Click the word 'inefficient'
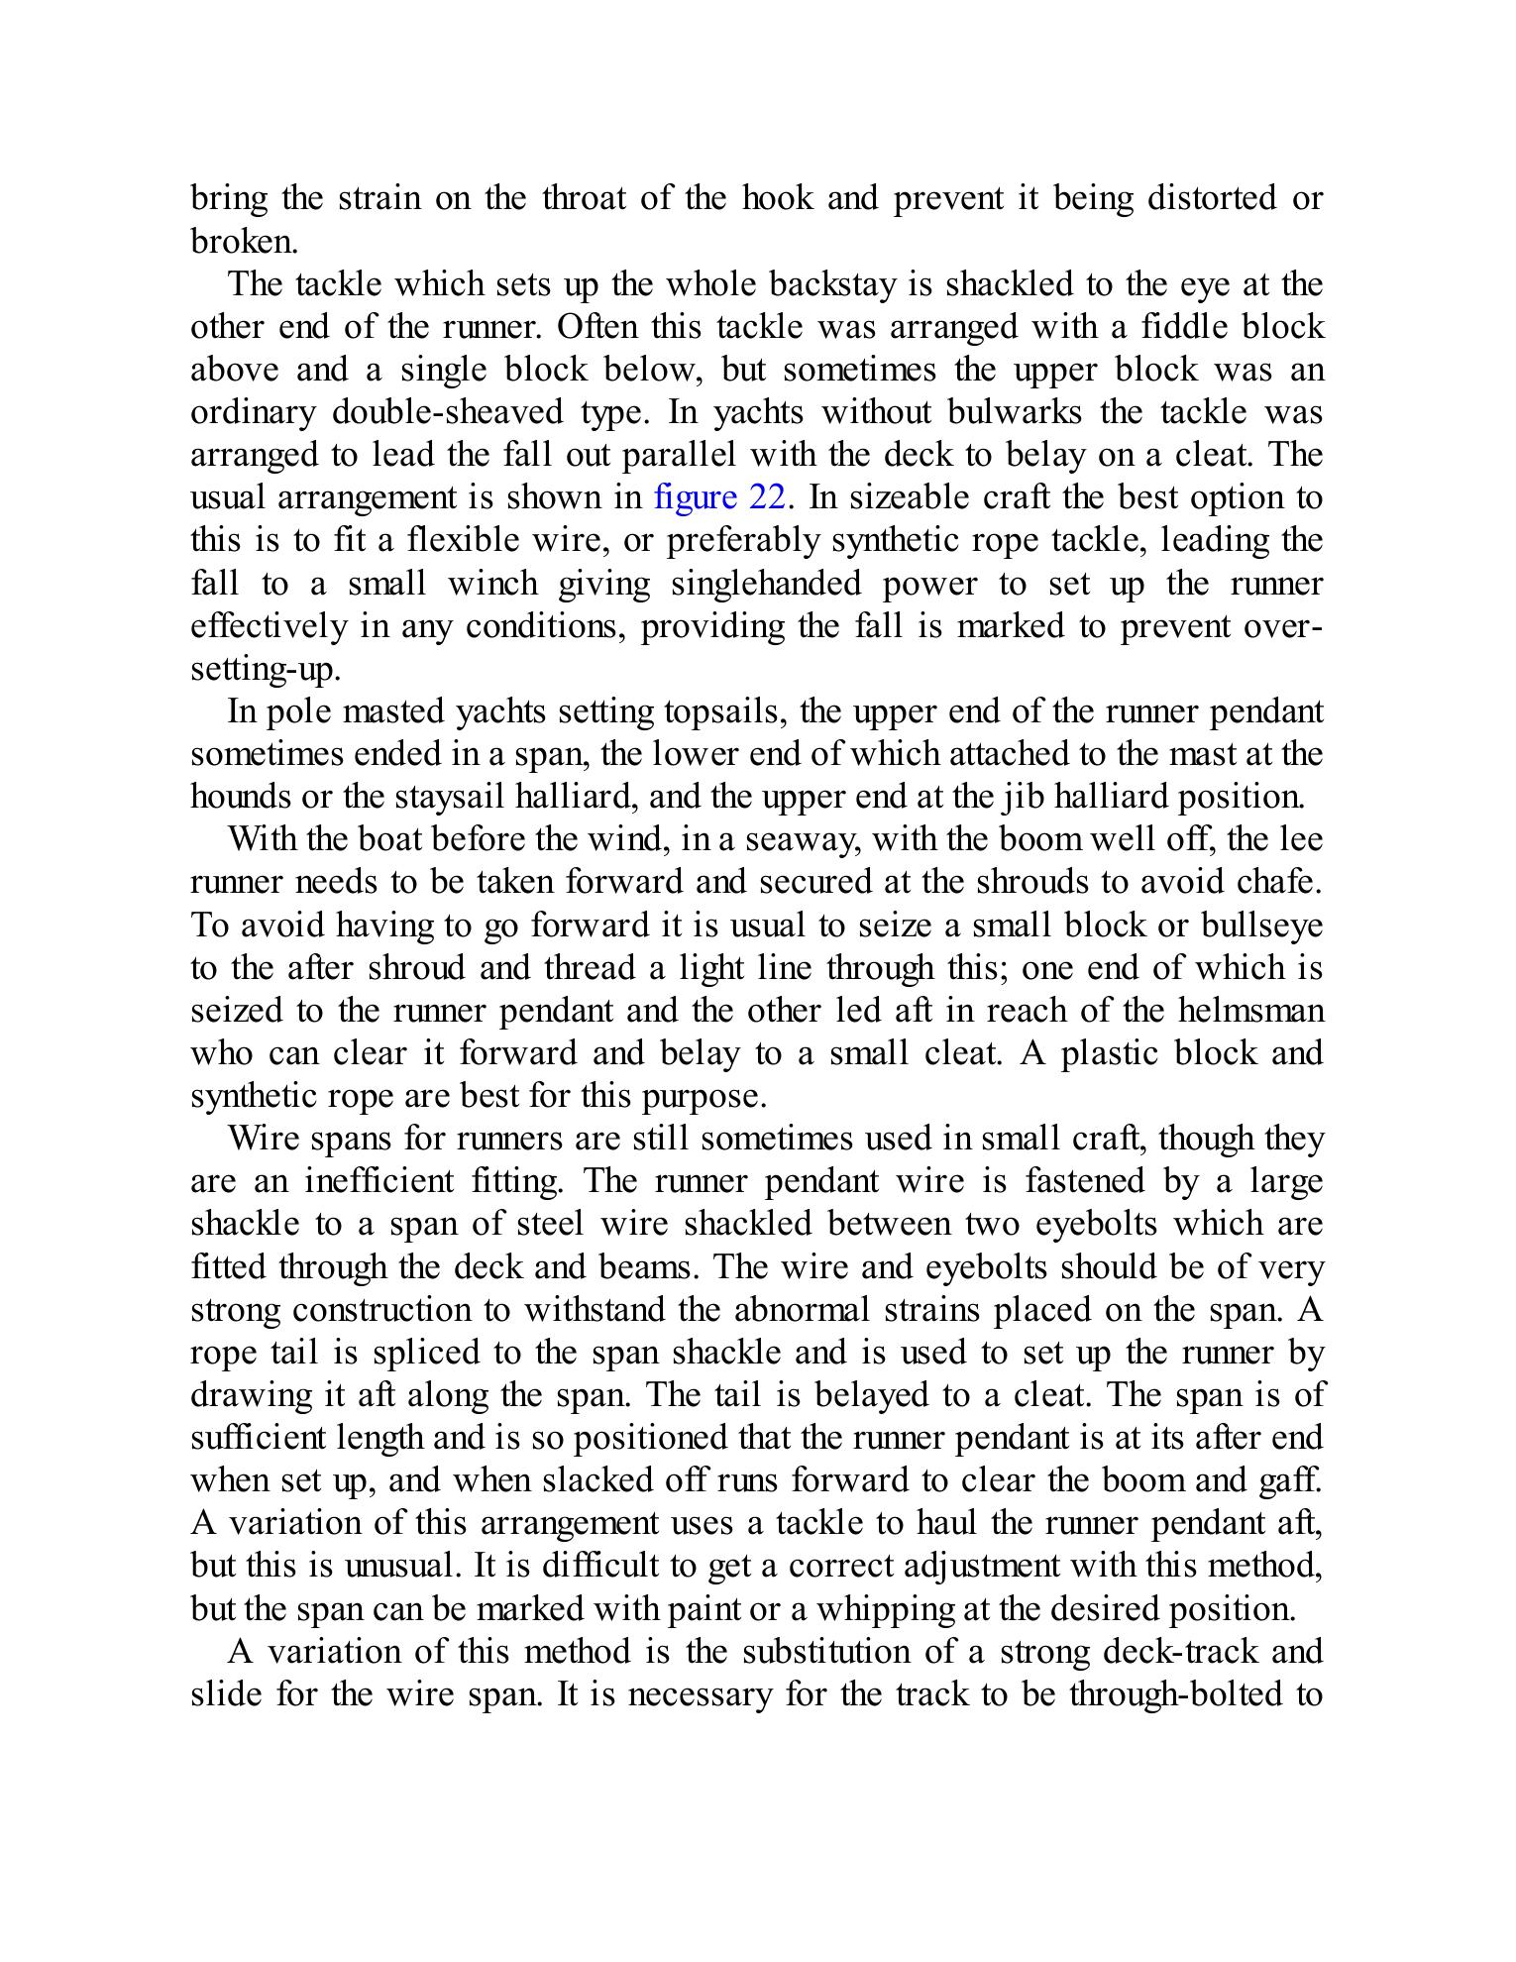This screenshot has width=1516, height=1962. pyautogui.click(x=379, y=1181)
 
